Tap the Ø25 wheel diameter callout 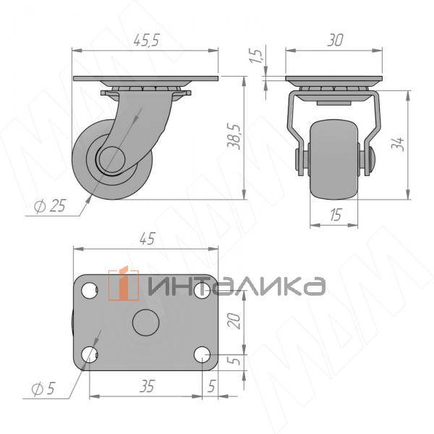pos(49,206)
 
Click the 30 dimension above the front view pos(334,41)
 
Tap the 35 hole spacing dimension pos(146,387)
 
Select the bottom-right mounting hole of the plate pos(202,354)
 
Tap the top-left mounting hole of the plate pos(90,291)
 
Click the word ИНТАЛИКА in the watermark pos(235,286)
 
